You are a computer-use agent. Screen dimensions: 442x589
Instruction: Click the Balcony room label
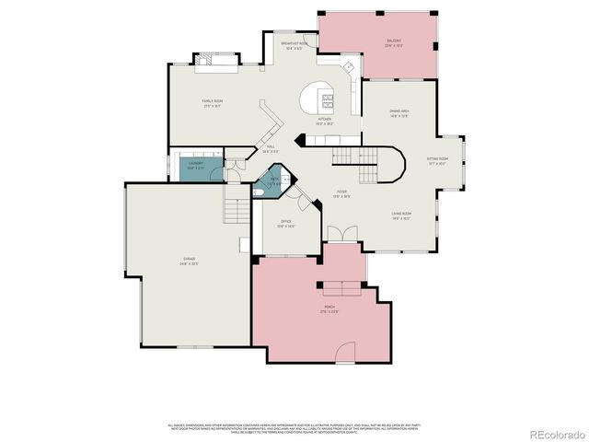[393, 42]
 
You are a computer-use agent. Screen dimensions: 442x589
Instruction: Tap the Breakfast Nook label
[294, 45]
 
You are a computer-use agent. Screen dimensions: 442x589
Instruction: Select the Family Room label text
[214, 102]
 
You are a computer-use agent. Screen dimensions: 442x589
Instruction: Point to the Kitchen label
[325, 120]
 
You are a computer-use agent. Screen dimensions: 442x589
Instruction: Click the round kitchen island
[319, 98]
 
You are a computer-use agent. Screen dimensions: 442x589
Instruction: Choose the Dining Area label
[398, 112]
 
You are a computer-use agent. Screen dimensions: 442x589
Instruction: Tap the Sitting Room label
[437, 160]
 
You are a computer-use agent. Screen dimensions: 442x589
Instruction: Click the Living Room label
[400, 215]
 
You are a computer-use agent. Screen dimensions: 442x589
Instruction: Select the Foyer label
[341, 193]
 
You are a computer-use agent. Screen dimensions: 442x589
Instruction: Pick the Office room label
[286, 223]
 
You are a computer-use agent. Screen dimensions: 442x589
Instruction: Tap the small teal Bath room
[273, 182]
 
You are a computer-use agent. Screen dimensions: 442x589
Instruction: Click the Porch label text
[329, 308]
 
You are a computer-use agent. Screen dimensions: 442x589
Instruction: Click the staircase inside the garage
[237, 212]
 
